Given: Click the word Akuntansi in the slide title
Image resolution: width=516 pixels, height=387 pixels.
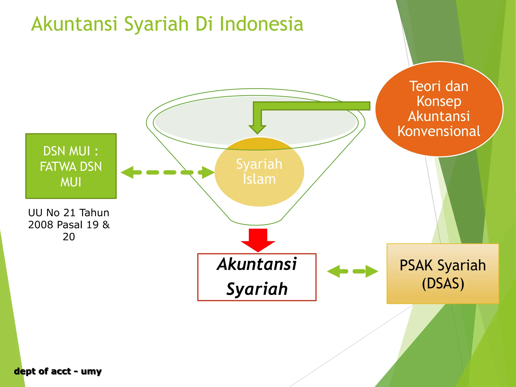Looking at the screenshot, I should [x=75, y=24].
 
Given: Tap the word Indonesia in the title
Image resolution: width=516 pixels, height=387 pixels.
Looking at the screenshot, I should [x=261, y=24].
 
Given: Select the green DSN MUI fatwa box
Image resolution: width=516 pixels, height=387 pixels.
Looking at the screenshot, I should [x=71, y=166].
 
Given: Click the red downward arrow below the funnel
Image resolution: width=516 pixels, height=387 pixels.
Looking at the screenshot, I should [x=258, y=240].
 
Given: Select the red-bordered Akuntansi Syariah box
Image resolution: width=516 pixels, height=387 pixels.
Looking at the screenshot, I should [x=257, y=277].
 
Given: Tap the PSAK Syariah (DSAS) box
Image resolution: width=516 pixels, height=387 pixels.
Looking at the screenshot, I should [x=443, y=274].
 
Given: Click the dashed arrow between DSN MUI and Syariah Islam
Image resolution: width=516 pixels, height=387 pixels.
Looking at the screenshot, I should [x=168, y=172].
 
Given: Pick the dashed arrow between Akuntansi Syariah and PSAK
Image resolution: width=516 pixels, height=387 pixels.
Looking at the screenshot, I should [x=352, y=271].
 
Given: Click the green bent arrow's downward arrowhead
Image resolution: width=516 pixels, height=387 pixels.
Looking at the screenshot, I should [x=257, y=128].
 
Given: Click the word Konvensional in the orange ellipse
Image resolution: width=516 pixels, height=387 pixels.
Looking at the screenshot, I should [x=439, y=131].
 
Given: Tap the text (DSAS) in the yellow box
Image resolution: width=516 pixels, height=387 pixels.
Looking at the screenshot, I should [x=443, y=283].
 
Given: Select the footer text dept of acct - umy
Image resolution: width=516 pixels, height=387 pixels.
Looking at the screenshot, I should [x=58, y=371].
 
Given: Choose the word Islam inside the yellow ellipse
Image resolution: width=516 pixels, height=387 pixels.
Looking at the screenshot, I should [x=259, y=179].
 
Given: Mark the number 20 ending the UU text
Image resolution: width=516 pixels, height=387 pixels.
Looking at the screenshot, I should [x=69, y=237].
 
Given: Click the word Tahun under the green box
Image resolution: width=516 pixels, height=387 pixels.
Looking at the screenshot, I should [x=94, y=213].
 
